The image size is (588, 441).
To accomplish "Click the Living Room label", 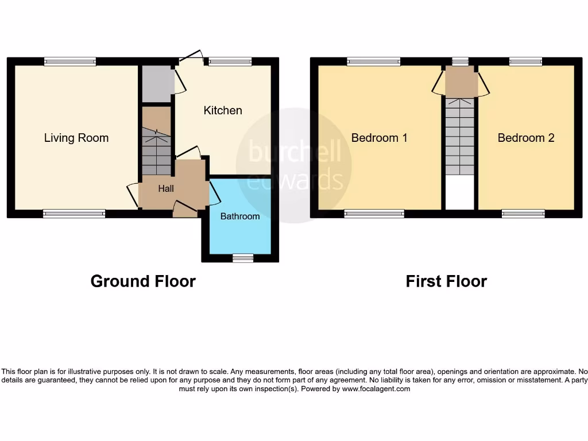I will (x=76, y=138).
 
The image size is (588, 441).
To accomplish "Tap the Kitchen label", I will (x=223, y=110).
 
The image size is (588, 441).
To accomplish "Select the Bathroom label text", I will (x=240, y=216).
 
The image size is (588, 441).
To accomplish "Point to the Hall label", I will (x=166, y=188).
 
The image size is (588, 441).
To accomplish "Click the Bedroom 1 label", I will (x=380, y=138).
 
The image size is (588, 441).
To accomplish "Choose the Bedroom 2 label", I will (x=526, y=138).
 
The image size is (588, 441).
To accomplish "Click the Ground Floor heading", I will (x=143, y=281).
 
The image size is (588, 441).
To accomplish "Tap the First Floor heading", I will (x=446, y=281).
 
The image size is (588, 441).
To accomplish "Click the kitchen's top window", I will (x=230, y=61).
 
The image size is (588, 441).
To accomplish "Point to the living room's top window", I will (x=71, y=61).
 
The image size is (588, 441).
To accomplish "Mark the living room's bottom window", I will (x=74, y=214).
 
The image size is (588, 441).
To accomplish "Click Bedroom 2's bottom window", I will (x=523, y=214).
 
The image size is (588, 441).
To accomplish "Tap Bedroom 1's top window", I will (x=374, y=61).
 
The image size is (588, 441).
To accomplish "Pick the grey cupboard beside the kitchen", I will (x=156, y=83).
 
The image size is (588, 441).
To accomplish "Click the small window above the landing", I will (x=460, y=61).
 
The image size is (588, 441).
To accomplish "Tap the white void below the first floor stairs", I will (x=460, y=193).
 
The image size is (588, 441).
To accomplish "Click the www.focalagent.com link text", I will (x=376, y=389).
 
